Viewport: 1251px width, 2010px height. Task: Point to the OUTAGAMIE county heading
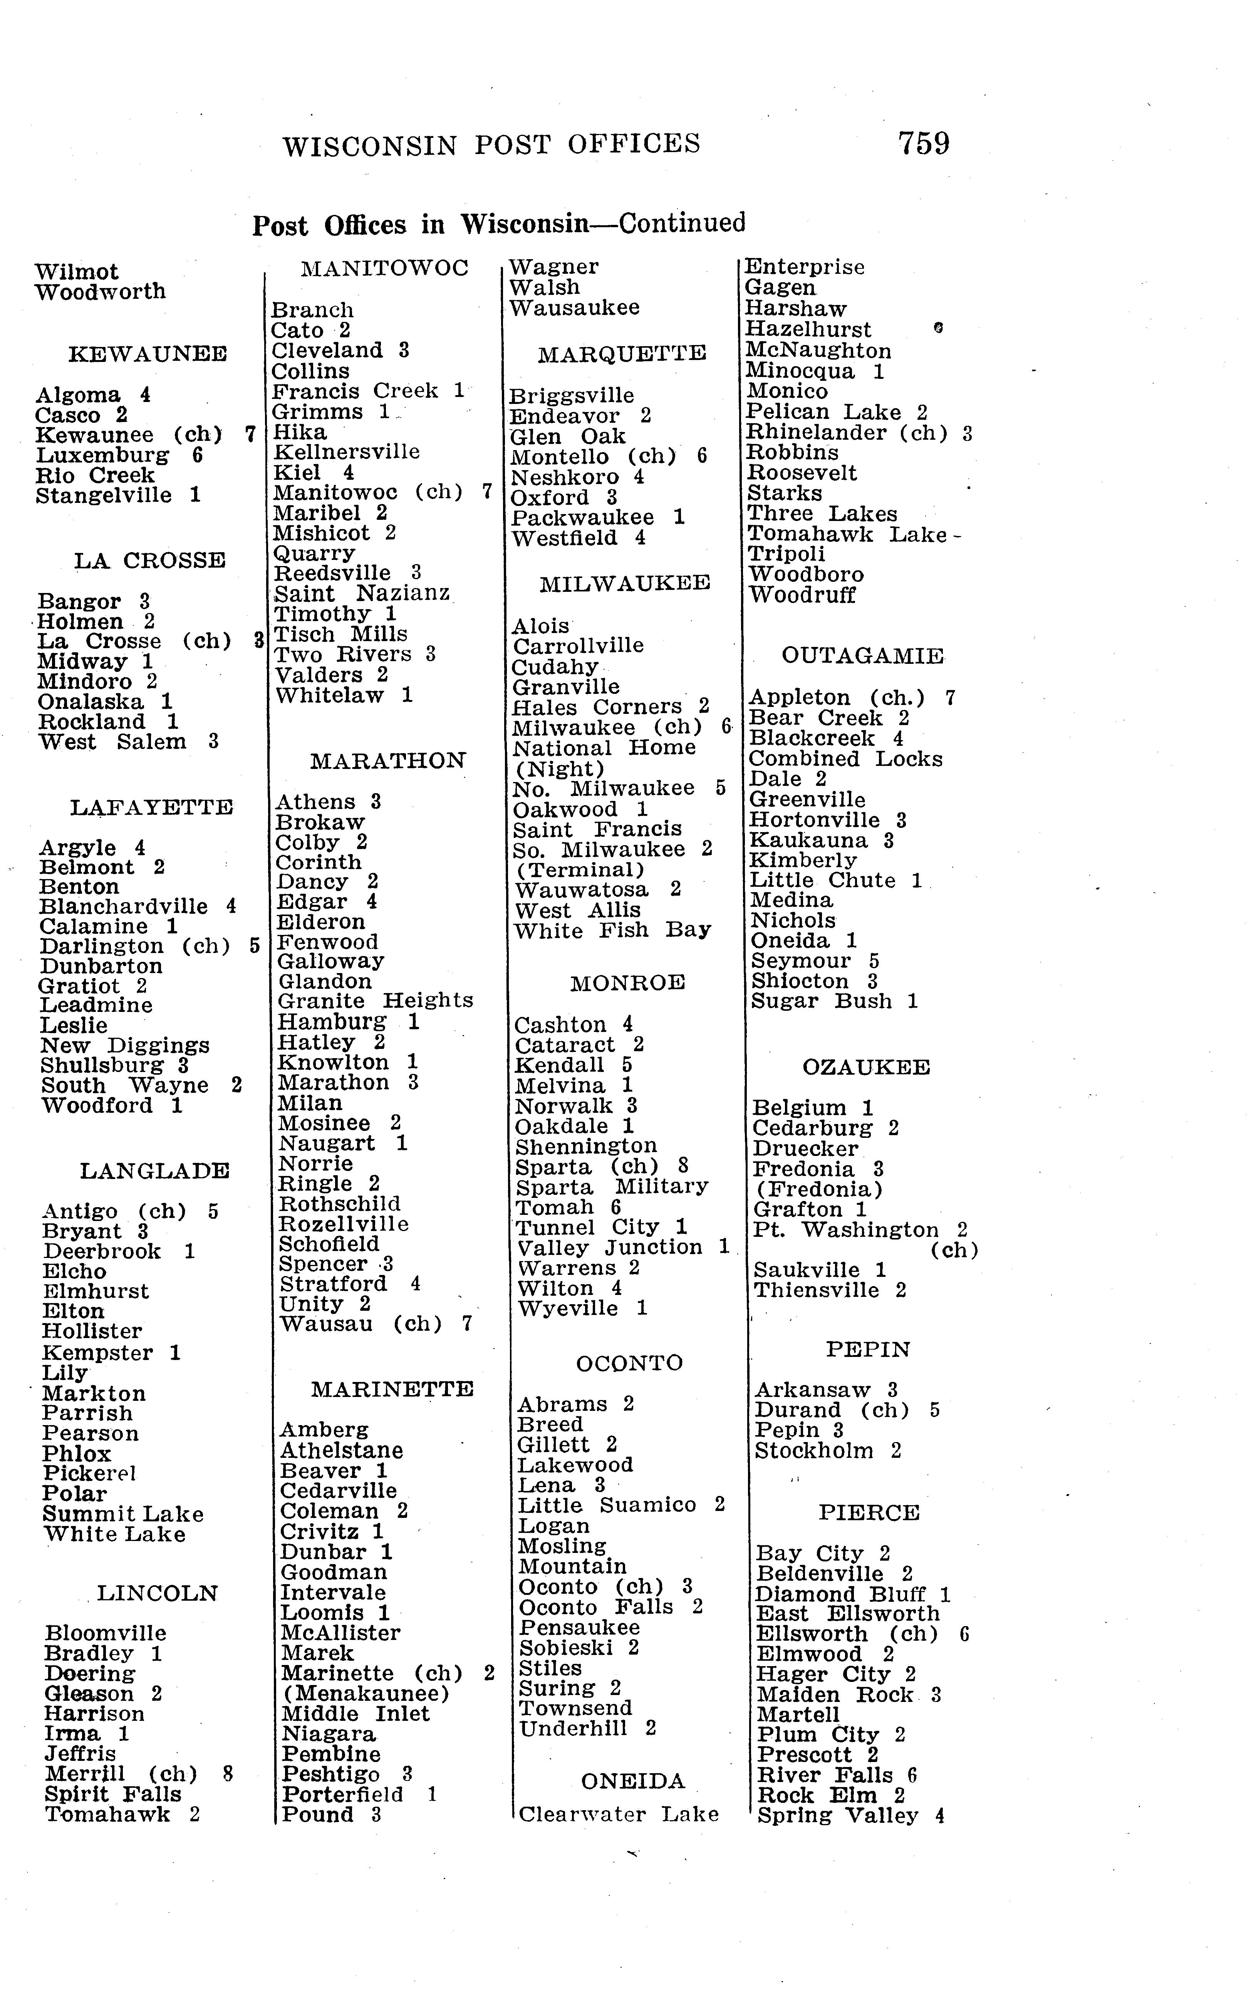(x=862, y=656)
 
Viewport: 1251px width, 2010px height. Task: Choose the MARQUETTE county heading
(x=621, y=354)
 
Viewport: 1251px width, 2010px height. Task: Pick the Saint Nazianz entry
(x=362, y=593)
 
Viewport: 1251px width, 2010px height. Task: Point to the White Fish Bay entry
(x=612, y=931)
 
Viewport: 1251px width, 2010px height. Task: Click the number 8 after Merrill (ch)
(x=228, y=1774)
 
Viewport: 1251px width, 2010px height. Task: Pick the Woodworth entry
(x=100, y=292)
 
